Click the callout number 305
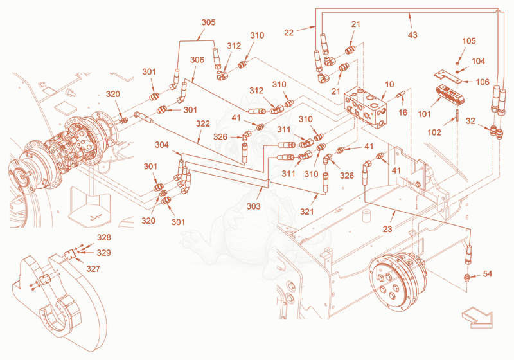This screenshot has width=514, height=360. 208,22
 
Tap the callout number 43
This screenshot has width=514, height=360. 412,35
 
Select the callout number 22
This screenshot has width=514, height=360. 288,32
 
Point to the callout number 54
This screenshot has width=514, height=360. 488,273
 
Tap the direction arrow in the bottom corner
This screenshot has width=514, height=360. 477,318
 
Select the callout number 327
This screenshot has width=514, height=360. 93,269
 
